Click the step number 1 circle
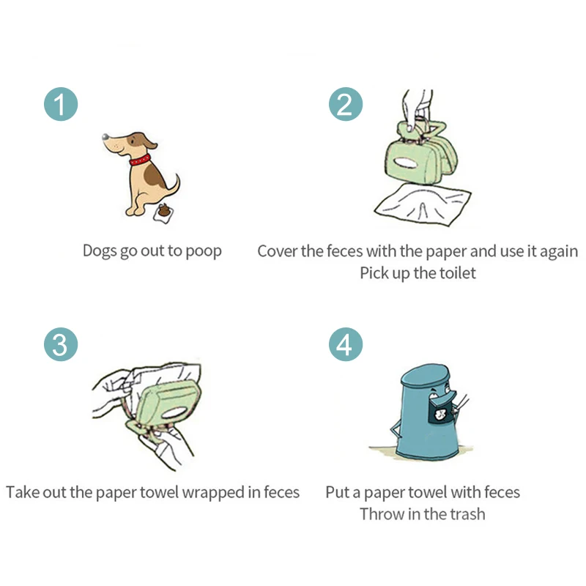click(60, 105)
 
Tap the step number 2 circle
click(345, 105)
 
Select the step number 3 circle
click(60, 344)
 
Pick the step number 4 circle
click(345, 344)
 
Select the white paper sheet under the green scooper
click(422, 201)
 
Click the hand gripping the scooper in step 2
click(418, 106)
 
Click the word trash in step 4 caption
click(462, 513)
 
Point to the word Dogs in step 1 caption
click(100, 251)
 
